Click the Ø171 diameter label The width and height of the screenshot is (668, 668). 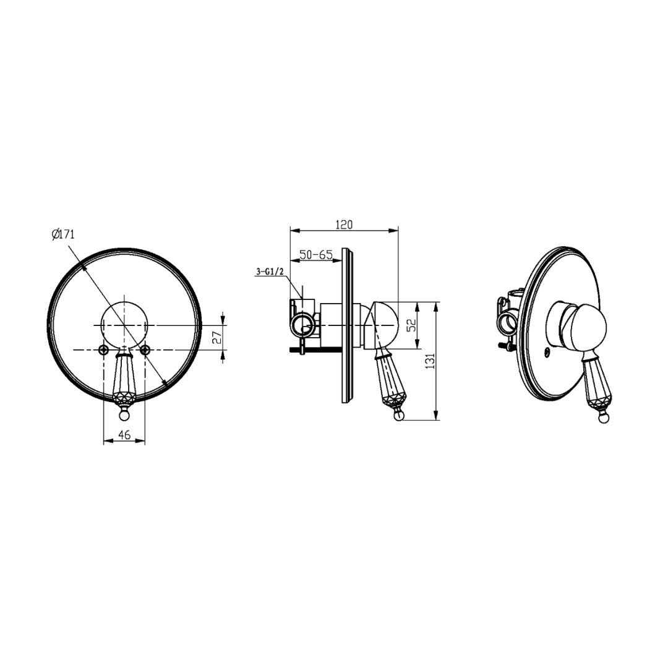63,234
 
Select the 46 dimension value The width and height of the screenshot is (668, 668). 124,435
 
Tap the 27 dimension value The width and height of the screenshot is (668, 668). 217,338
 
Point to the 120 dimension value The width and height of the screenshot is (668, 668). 345,225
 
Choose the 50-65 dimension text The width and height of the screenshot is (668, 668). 315,255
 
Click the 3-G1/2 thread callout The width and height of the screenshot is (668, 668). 270,271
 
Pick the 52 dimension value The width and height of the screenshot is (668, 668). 410,325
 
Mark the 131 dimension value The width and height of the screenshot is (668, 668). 430,361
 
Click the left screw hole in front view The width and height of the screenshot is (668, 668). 103,349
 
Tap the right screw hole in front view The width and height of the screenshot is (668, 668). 145,349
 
